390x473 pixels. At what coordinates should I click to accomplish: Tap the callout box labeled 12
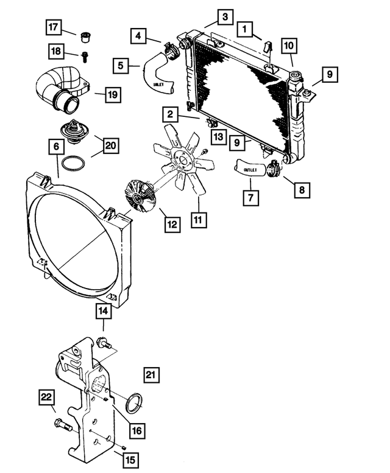171,225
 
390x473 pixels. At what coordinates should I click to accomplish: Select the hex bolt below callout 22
63,425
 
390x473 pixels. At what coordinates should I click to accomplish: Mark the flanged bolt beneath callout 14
103,345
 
